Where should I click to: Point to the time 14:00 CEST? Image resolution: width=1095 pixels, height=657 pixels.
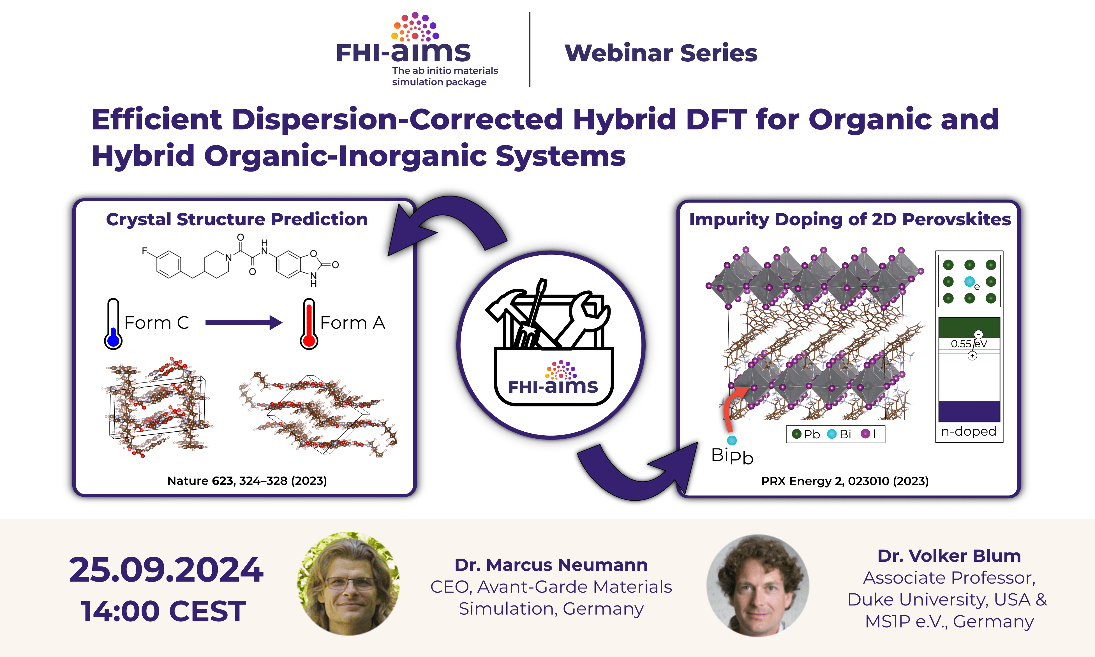coord(163,611)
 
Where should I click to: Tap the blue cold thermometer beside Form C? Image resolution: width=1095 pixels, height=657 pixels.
coord(113,324)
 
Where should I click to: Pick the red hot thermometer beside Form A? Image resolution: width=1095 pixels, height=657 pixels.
coord(309,324)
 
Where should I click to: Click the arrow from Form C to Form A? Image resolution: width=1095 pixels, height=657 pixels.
coord(244,322)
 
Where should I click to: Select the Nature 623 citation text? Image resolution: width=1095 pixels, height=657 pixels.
coord(247,481)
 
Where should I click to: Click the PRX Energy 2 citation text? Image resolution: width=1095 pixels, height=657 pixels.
coord(845,481)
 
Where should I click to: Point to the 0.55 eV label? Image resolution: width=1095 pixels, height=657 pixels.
coord(969,344)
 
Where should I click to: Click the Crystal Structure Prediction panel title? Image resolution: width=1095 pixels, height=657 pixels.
coord(237,219)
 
